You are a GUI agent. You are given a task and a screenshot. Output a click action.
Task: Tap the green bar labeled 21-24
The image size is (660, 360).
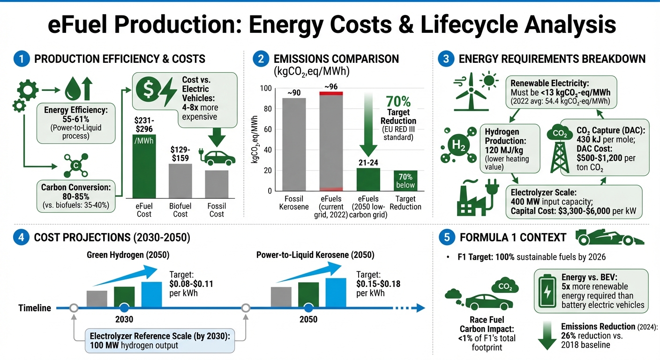368,179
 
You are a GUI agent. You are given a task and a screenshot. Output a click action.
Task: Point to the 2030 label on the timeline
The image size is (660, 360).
124,320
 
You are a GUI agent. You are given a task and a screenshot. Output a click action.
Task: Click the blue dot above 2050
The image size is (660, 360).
308,308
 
